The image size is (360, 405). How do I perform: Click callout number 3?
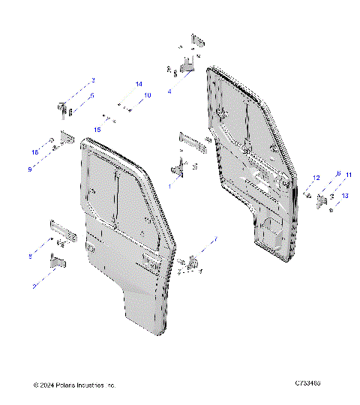coord(93,79)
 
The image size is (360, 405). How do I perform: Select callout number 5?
coord(93,96)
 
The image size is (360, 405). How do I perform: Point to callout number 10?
coord(147,95)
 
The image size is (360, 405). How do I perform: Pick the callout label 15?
coord(97,130)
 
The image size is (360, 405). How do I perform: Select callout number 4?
coord(169,91)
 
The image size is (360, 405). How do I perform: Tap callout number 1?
coord(169,185)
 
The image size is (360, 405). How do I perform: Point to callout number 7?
coord(216,239)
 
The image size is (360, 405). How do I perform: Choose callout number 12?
coord(316,177)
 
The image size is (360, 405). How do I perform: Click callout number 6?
coord(338,173)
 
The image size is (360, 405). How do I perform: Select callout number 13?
coord(344,195)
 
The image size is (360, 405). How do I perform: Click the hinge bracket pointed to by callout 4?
coord(188,66)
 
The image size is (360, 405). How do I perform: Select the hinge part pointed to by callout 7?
coord(196,259)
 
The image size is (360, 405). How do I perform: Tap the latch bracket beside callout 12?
coord(321,199)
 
